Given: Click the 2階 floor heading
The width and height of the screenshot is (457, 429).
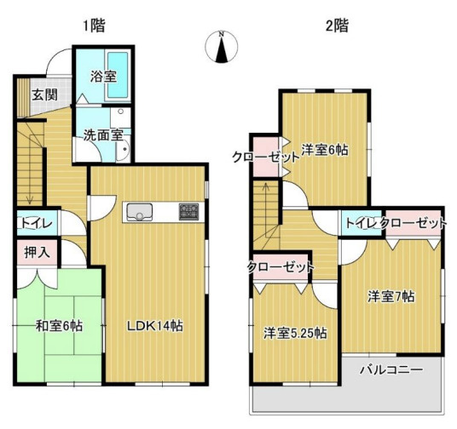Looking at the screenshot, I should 336,26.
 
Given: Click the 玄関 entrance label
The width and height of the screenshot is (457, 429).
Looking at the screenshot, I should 44,94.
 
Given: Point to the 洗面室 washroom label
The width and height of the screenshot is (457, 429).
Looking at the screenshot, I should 102,134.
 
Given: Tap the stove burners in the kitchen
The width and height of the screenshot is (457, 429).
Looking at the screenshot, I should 188,211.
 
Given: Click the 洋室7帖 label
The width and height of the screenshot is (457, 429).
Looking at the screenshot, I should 391,297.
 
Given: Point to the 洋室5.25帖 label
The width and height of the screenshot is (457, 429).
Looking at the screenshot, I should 294,333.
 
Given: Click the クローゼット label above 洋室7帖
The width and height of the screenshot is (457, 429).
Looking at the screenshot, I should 414,223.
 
